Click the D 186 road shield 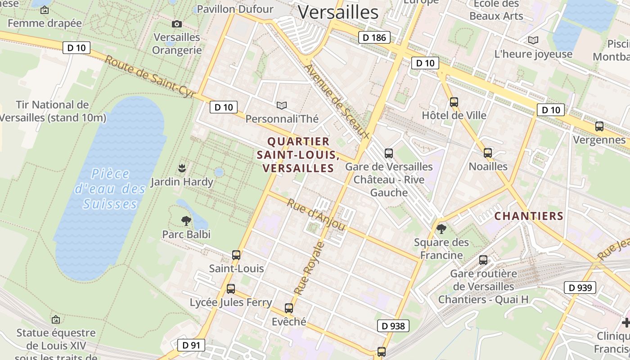[374, 37]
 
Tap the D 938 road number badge [393, 326]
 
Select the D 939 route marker [580, 288]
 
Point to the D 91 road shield [191, 345]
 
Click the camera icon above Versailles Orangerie [177, 24]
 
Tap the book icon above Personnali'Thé [282, 105]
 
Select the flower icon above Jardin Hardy [182, 168]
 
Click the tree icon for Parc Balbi [186, 220]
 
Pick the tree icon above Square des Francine [441, 229]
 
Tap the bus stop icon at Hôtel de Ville [454, 102]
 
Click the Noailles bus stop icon [488, 153]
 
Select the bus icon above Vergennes [599, 126]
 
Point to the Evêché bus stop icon [289, 308]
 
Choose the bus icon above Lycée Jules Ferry [231, 289]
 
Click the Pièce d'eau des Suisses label [110, 189]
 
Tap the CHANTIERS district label [529, 216]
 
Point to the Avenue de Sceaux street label [337, 101]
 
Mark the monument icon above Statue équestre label [56, 319]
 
